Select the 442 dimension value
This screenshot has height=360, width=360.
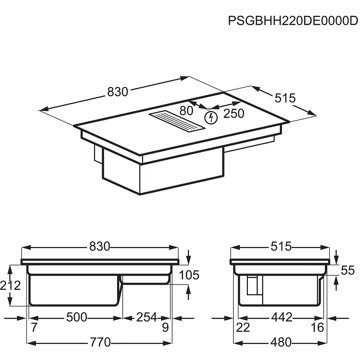pos(280,318)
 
